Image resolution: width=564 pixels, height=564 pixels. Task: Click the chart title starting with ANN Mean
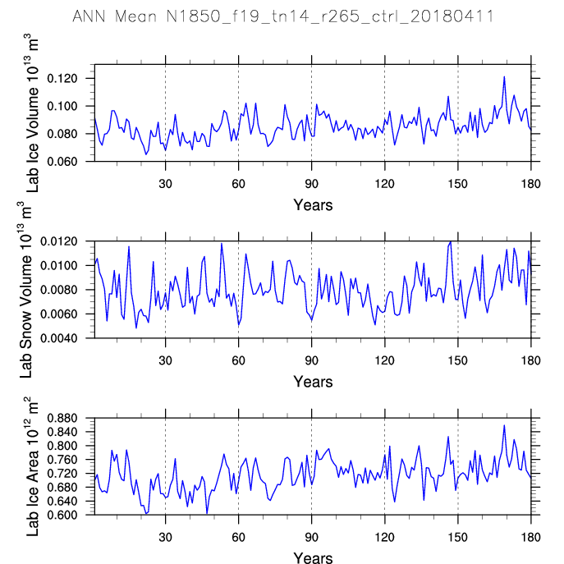click(282, 16)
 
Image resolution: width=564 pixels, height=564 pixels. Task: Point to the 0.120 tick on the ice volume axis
click(71, 79)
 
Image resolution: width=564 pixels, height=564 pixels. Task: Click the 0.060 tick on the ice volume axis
click(71, 162)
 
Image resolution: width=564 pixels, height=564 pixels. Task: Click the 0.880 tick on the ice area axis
click(71, 419)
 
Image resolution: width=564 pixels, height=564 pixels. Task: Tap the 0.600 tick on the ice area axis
click(71, 515)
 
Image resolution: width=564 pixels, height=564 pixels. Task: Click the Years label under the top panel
click(313, 205)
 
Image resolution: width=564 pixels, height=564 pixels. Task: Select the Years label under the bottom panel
click(313, 558)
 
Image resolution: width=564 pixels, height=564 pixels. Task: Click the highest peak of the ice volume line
click(504, 76)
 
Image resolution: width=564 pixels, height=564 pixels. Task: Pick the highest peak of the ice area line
click(504, 425)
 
